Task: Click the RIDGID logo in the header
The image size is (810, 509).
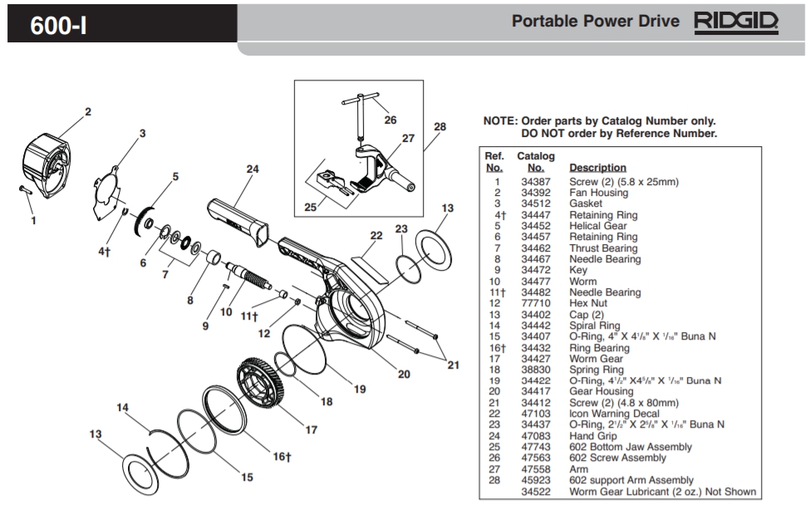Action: click(735, 21)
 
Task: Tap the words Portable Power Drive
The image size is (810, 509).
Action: click(596, 21)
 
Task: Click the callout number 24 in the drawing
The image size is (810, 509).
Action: click(253, 169)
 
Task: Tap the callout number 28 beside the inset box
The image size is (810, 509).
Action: click(440, 127)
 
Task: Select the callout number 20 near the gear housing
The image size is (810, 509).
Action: click(404, 374)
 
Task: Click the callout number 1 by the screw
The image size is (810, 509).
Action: click(33, 221)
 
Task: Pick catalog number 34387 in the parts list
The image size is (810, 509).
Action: click(535, 182)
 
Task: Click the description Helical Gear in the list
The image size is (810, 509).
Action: click(597, 226)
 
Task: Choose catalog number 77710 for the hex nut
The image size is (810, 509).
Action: click(535, 304)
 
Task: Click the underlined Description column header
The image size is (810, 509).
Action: click(597, 168)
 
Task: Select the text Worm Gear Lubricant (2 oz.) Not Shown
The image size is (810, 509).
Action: click(662, 492)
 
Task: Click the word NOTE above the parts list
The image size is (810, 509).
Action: click(500, 120)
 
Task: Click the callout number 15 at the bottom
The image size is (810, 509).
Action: click(246, 477)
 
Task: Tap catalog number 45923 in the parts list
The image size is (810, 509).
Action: click(535, 480)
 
